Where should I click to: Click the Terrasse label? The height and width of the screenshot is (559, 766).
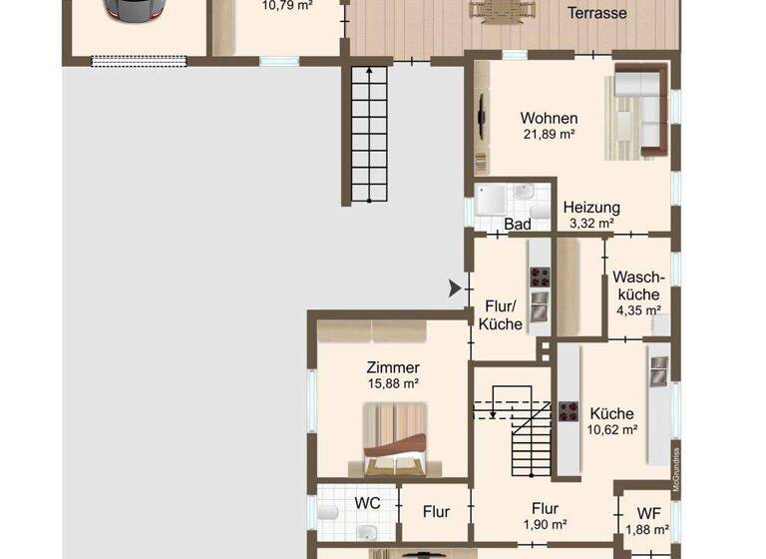click(x=596, y=13)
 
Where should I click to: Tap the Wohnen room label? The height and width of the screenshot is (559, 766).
click(x=549, y=118)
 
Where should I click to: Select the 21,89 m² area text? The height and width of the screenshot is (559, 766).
click(x=549, y=134)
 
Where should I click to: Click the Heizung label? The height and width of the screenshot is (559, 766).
click(x=591, y=208)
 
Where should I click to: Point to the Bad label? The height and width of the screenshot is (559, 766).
click(x=518, y=225)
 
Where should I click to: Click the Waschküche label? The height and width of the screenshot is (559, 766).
click(x=638, y=285)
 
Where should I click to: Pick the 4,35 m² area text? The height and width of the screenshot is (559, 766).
click(x=638, y=310)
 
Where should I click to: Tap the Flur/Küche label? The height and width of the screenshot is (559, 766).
click(x=502, y=314)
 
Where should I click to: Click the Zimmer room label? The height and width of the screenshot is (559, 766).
click(x=393, y=367)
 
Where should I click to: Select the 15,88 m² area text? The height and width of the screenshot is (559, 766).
click(x=393, y=383)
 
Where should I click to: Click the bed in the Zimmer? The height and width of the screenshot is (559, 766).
click(x=395, y=439)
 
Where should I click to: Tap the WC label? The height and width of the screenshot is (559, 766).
click(x=368, y=503)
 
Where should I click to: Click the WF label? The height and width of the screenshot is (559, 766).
click(x=648, y=513)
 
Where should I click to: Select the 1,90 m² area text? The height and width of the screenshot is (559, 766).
click(x=545, y=524)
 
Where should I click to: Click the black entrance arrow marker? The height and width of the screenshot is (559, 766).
click(x=456, y=289)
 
